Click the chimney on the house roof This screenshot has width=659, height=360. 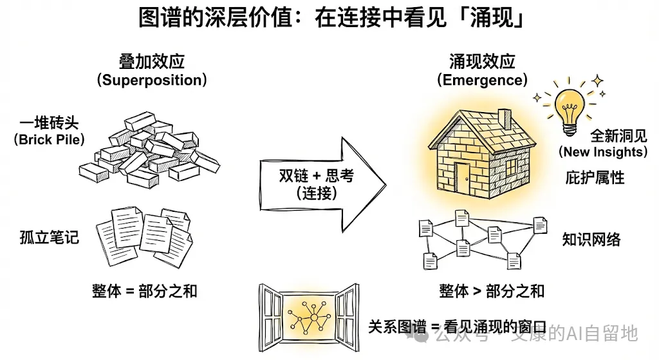tap(505, 118)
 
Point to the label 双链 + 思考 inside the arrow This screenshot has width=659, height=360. tap(317, 175)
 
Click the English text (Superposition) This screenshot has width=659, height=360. tap(152, 80)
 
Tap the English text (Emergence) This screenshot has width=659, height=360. tap(482, 80)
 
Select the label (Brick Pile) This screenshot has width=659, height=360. tap(49, 139)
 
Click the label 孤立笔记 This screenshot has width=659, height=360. tap(49, 237)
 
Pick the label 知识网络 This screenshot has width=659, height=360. tap(591, 240)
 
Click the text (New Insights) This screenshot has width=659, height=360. tap(603, 152)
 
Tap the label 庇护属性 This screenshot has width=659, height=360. tap(595, 178)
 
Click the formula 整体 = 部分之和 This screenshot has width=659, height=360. tap(145, 291)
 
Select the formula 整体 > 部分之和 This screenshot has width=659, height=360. tap(492, 291)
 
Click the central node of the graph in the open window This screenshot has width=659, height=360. tap(313, 317)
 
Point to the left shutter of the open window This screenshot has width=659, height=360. tap(272, 317)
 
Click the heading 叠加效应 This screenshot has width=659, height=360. tap(152, 62)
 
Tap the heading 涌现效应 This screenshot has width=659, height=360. tap(482, 62)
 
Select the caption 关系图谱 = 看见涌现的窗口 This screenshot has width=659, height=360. tap(458, 327)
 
